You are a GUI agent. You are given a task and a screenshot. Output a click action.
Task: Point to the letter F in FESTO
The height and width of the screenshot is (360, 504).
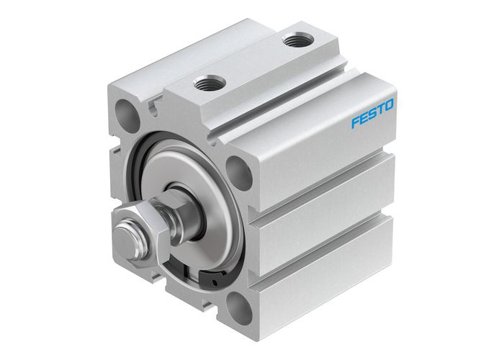point(355,122)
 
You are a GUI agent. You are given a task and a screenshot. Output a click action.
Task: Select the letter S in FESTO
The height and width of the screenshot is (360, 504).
point(372,115)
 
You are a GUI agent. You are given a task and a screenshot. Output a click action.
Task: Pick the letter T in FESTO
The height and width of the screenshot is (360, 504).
point(380,112)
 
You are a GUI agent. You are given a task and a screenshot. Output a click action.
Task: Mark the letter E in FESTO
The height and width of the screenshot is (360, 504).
point(364,119)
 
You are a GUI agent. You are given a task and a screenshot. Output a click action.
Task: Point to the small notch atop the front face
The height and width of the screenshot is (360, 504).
point(153,108)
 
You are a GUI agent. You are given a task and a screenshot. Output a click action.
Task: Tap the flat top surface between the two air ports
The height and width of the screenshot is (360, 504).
point(252,65)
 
